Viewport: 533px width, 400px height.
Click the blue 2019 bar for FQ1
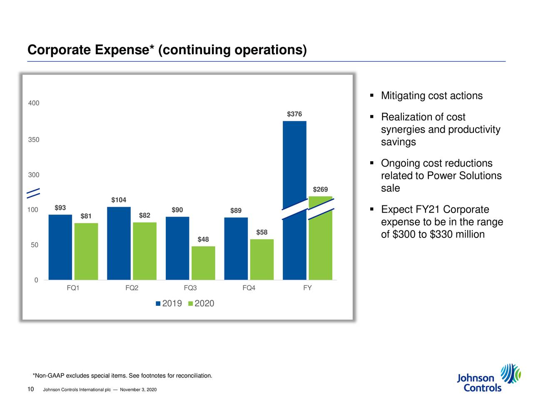[x=60, y=247]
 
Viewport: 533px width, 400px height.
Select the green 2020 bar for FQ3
[x=203, y=263]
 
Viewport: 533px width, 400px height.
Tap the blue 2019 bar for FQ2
[x=119, y=243]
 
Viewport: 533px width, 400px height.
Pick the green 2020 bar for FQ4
[x=262, y=259]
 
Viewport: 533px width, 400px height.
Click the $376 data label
[x=294, y=114]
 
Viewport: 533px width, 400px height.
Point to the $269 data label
[x=320, y=190]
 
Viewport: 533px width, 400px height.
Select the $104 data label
[x=119, y=200]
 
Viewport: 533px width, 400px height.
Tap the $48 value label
[x=203, y=239]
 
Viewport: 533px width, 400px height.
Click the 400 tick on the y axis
[x=34, y=103]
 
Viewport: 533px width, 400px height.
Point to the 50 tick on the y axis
[x=35, y=245]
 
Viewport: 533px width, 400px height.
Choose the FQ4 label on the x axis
[x=249, y=288]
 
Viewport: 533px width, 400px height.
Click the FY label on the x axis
[x=307, y=288]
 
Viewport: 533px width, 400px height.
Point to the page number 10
[x=30, y=389]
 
